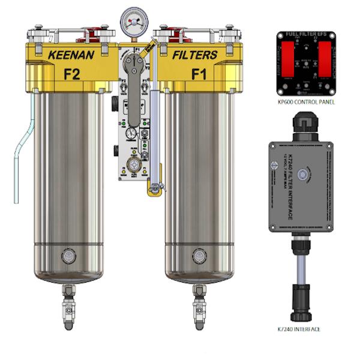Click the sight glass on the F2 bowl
coord(67,256)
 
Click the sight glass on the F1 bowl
coord(197,256)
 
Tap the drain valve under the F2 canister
coord(67,300)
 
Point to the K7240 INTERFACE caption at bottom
coord(299,329)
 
